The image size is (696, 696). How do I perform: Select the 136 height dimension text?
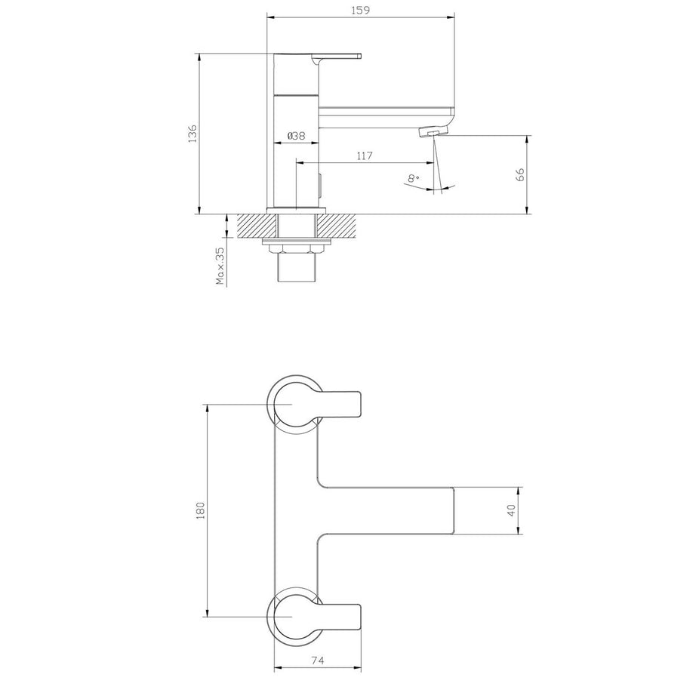click(192, 133)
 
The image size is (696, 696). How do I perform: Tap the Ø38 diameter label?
click(296, 136)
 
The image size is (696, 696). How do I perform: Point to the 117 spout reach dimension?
click(365, 156)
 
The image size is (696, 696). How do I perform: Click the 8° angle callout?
click(412, 179)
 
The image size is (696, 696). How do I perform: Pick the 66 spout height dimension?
click(519, 174)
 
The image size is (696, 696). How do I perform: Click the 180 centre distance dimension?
click(201, 510)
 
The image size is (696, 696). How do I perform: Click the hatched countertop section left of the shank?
click(257, 225)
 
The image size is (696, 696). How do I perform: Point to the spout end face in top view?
click(453, 511)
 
